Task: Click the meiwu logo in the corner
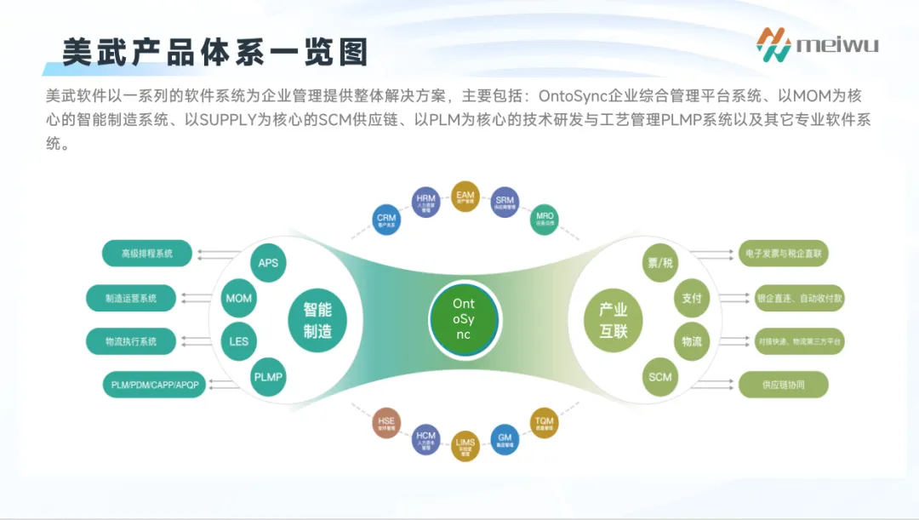tap(817, 43)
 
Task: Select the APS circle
tap(268, 263)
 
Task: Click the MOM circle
tap(239, 299)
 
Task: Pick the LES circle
tap(239, 341)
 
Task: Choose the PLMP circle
tap(268, 376)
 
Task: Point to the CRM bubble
tap(386, 221)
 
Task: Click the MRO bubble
tap(545, 220)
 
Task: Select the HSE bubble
tap(386, 423)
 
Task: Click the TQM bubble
tap(544, 423)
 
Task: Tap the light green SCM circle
tap(659, 377)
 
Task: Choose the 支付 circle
tap(692, 299)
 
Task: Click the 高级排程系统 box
tap(146, 253)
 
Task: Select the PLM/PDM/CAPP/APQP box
tap(155, 385)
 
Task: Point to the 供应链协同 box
tap(783, 385)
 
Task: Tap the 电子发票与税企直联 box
tap(783, 253)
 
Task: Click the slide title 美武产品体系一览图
tap(215, 53)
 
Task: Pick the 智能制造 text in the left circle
tap(317, 320)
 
